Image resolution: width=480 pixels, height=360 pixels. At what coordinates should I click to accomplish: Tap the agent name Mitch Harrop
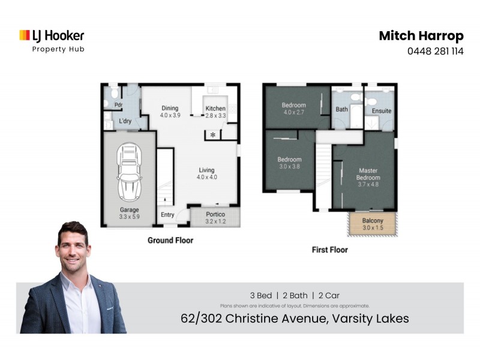pos(421,36)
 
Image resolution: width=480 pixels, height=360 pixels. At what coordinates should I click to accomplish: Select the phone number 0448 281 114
pos(436,52)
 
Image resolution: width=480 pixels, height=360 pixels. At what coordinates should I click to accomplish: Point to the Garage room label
pos(129,213)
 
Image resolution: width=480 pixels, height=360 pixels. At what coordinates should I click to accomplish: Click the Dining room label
pos(170,112)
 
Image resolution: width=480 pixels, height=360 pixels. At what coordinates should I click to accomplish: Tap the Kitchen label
pos(215,112)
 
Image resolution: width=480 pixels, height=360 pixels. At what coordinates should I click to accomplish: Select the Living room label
pos(206,173)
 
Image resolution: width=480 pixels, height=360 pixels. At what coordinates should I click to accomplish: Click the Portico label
pos(215,217)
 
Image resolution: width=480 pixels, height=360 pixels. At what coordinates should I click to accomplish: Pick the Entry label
pos(167,215)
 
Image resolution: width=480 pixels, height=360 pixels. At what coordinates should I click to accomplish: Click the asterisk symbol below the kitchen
pos(212,134)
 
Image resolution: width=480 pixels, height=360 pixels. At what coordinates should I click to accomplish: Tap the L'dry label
pos(125,121)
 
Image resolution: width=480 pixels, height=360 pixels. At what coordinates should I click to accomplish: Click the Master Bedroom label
pos(368,174)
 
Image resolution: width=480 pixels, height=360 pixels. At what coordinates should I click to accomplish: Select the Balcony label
pos(373,224)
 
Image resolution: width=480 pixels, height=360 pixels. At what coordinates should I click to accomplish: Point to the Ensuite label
pos(382,111)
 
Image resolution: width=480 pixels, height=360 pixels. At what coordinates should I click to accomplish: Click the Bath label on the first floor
pos(341,110)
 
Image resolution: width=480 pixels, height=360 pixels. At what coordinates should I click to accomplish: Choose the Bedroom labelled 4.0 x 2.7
pos(294,109)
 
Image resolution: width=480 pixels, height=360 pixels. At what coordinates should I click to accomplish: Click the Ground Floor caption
pos(170,240)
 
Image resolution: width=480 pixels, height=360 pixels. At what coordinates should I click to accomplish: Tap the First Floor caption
pos(329,250)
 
